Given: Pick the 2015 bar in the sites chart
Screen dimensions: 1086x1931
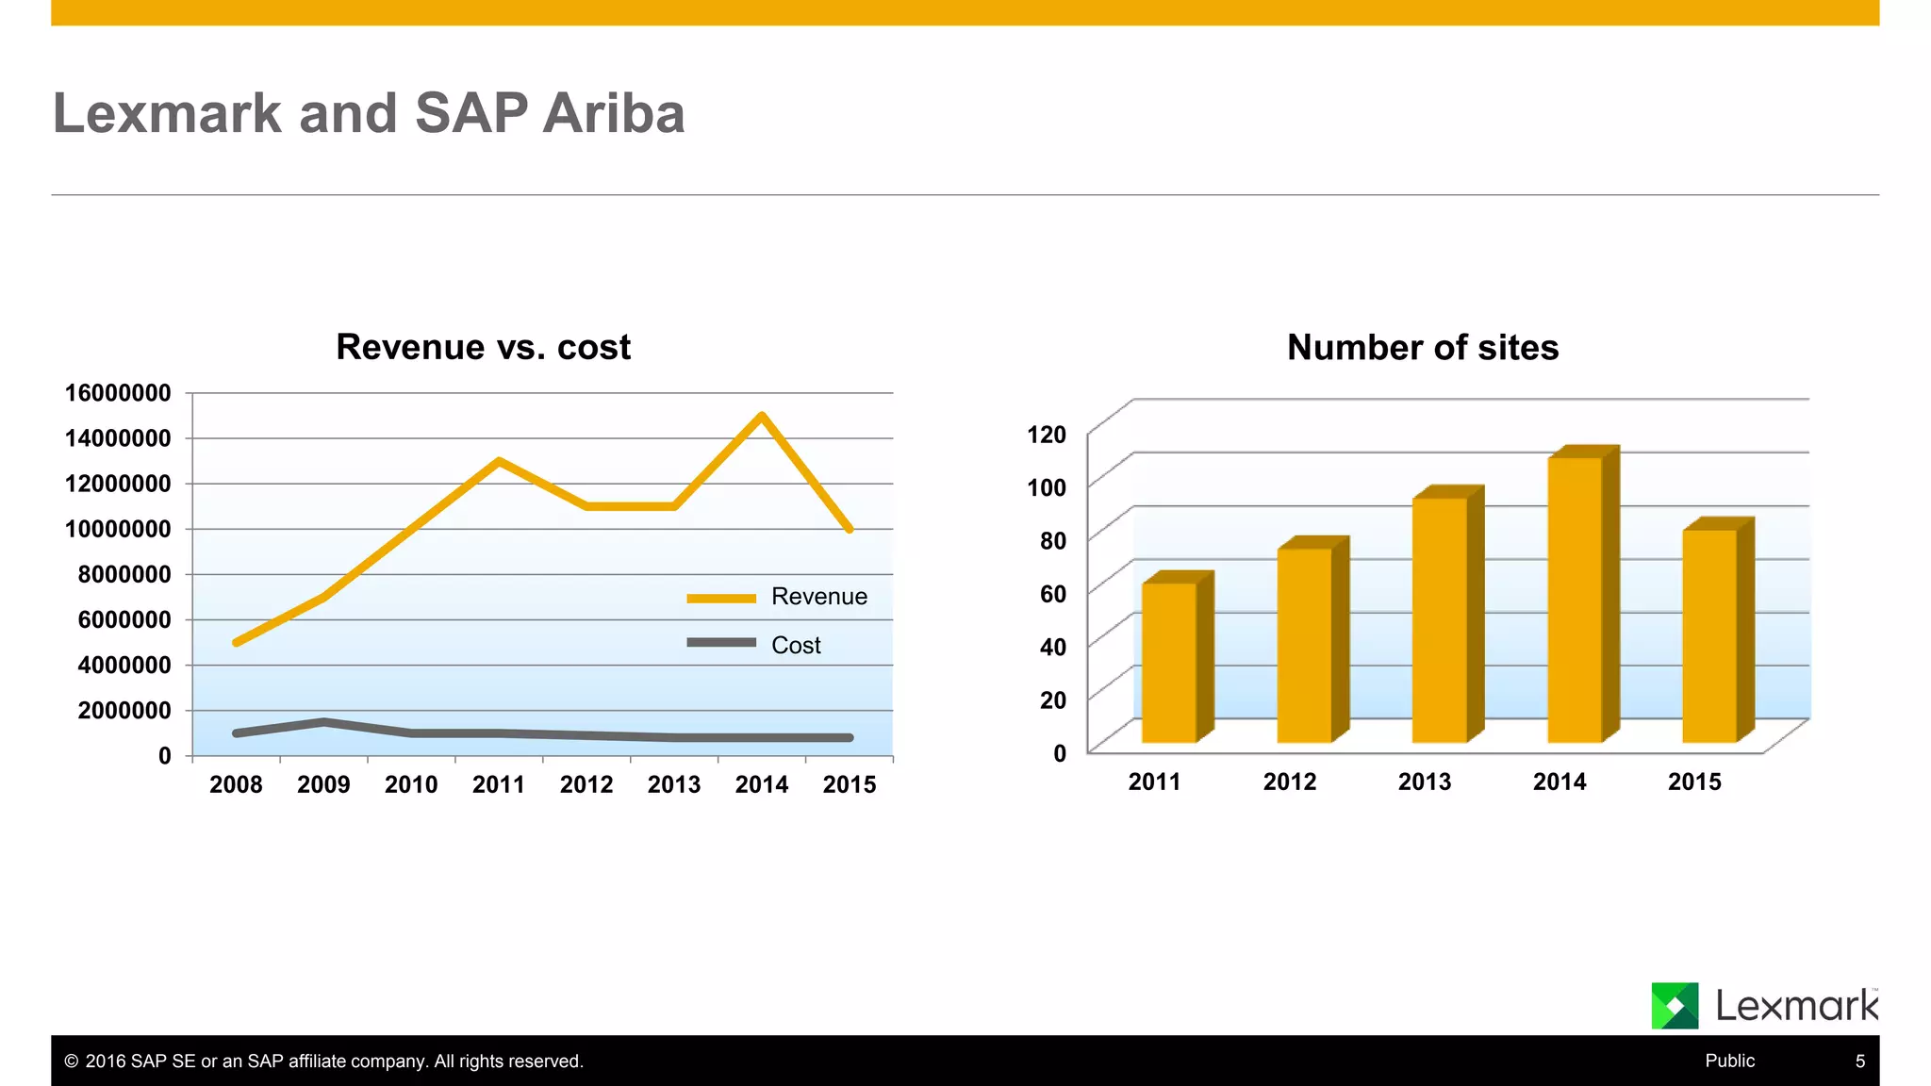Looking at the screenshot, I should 1709,636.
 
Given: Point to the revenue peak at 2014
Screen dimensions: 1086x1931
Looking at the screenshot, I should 762,416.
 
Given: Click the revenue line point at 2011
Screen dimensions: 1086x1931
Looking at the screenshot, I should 499,461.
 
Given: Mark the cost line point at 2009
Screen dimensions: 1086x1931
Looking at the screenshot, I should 323,723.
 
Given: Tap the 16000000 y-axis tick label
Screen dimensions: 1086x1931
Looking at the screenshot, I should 118,393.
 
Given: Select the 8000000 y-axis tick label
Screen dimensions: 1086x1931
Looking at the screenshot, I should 124,574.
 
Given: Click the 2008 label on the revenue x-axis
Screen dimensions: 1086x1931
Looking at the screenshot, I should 236,784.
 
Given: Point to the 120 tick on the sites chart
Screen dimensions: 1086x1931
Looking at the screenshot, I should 1047,435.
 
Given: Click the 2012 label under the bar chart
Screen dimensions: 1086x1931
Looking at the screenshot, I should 1289,782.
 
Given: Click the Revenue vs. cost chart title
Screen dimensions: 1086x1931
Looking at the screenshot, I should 483,347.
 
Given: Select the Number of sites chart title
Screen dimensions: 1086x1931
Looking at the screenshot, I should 1422,348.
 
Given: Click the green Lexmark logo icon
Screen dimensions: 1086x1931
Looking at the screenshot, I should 1675,1005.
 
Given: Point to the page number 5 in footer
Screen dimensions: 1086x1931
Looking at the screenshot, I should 1859,1061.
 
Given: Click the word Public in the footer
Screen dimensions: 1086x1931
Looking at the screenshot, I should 1729,1061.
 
